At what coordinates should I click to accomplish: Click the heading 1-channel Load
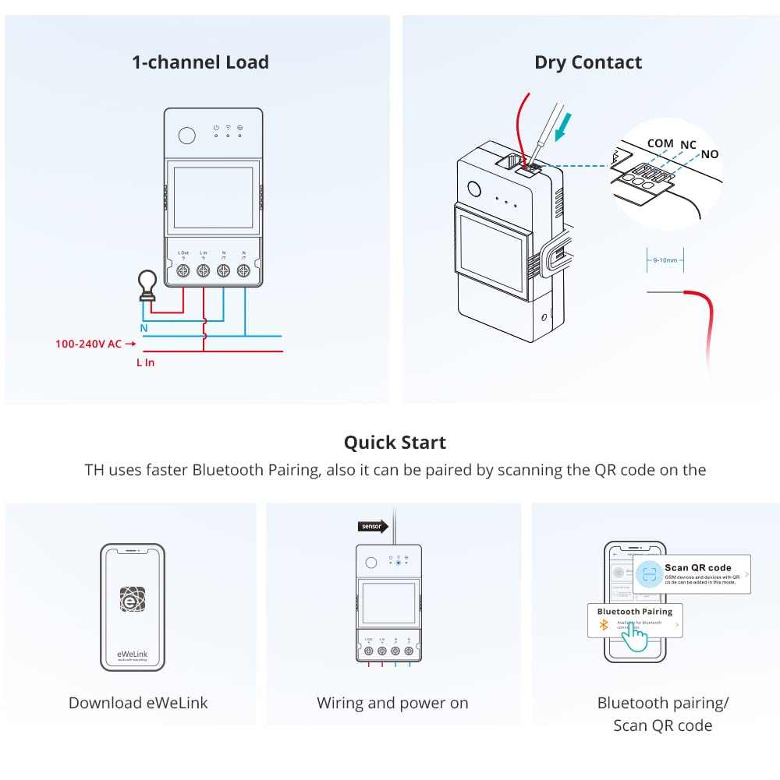pyautogui.click(x=200, y=62)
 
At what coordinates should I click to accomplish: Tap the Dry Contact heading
pyautogui.click(x=588, y=62)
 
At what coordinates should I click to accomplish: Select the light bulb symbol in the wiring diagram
pyautogui.click(x=147, y=284)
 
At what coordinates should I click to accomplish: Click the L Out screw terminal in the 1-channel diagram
pyautogui.click(x=183, y=270)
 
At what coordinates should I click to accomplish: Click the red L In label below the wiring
pyautogui.click(x=145, y=362)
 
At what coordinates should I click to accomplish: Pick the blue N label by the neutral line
pyautogui.click(x=144, y=328)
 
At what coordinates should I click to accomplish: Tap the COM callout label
pyautogui.click(x=660, y=143)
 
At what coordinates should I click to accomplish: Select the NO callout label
pyautogui.click(x=709, y=154)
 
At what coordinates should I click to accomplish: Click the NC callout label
pyautogui.click(x=688, y=145)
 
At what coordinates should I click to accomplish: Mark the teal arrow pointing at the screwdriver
pyautogui.click(x=561, y=127)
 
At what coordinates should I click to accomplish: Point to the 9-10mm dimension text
pyautogui.click(x=665, y=260)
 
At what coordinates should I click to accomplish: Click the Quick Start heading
pyautogui.click(x=395, y=443)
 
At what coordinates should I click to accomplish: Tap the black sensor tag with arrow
pyautogui.click(x=373, y=526)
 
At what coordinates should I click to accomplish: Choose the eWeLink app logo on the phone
pyautogui.click(x=132, y=598)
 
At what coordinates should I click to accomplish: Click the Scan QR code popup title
pyautogui.click(x=697, y=567)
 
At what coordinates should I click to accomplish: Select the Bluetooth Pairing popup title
pyautogui.click(x=634, y=612)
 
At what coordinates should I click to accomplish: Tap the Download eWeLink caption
pyautogui.click(x=138, y=703)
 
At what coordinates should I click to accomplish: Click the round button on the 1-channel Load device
pyautogui.click(x=186, y=135)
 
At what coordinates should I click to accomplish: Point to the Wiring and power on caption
pyautogui.click(x=392, y=703)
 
